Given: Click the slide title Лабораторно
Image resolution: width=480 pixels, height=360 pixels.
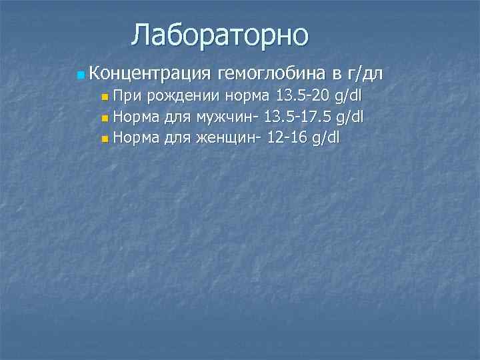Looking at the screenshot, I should [220, 35].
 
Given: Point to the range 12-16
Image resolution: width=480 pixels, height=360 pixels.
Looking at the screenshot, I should [286, 138].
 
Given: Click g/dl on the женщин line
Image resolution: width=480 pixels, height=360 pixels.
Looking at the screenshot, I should [325, 139].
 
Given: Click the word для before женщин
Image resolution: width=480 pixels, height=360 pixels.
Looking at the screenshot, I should [178, 138].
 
